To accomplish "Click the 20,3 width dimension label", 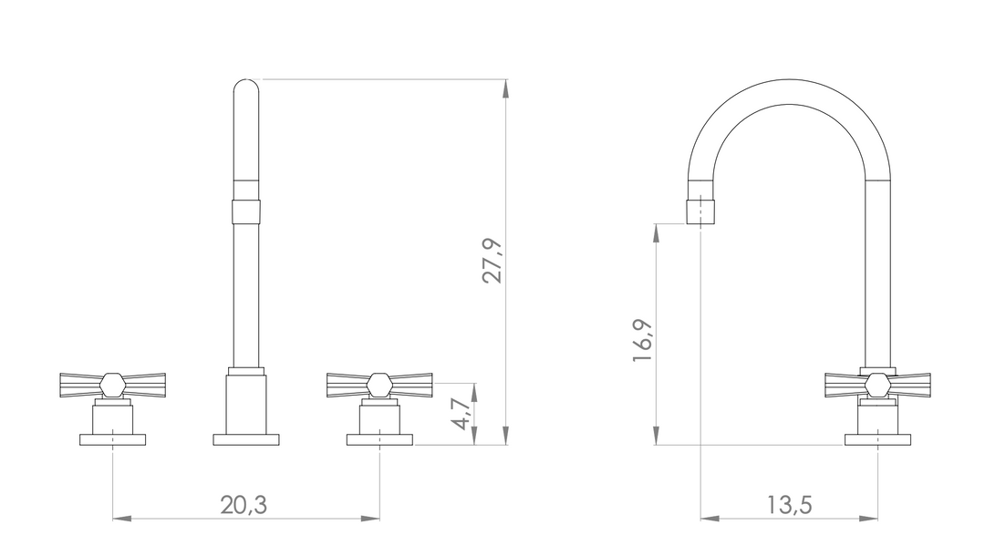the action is point(244,505).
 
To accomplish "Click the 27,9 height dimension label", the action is point(493,261).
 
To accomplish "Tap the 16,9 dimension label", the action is point(643,341).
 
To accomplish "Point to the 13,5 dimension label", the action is point(789,505).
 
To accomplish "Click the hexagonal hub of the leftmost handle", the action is point(112,386).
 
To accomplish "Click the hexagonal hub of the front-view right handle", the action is point(379,386).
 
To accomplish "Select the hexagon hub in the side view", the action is point(877,386).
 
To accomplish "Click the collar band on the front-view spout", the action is point(246,211).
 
